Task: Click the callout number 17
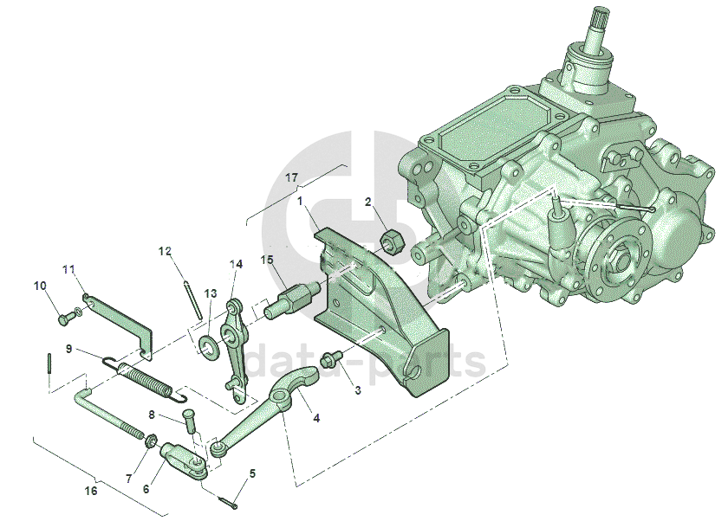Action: [291, 178]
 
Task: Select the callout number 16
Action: [91, 491]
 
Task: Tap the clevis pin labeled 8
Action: [190, 421]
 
